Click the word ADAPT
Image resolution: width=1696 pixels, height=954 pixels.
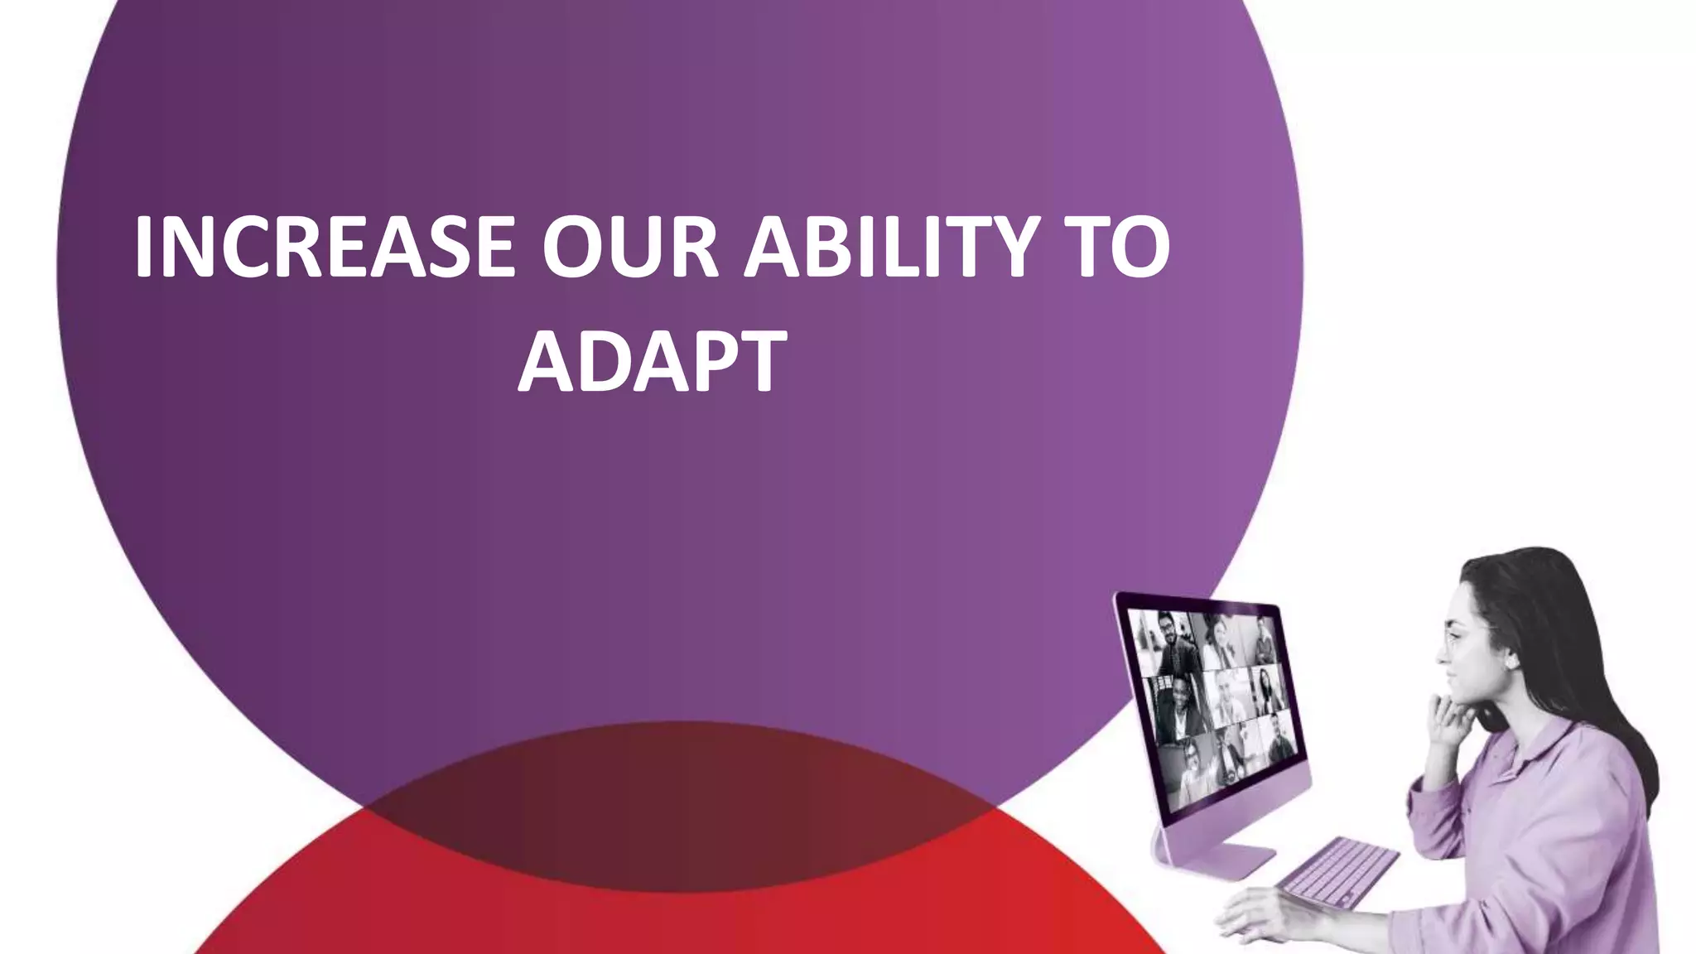pos(652,361)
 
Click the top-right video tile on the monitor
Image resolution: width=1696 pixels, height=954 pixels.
pos(1262,638)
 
